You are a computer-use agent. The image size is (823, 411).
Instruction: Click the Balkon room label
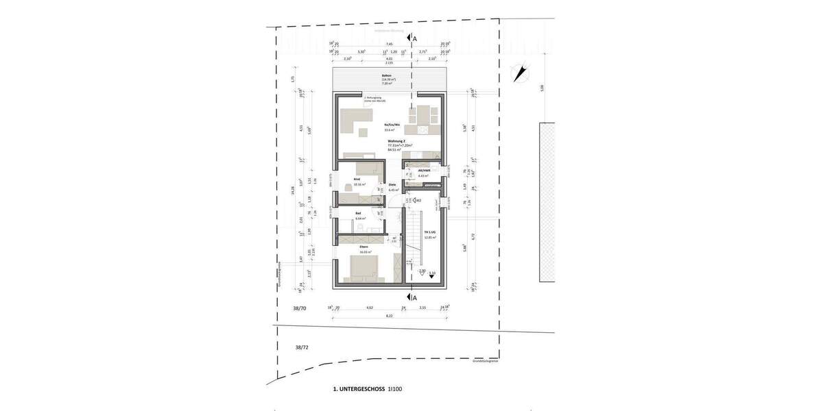pos(387,75)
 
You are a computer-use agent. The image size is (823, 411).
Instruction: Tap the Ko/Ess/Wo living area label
pos(392,125)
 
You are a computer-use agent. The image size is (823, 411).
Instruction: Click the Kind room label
pos(357,179)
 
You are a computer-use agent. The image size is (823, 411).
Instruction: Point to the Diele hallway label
pos(392,184)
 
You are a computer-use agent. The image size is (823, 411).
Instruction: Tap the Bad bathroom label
pos(358,214)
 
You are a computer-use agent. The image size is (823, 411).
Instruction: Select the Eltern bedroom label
pos(363,246)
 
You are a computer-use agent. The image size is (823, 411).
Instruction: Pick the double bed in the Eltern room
pos(364,267)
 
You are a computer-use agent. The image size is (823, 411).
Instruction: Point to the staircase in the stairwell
pos(411,239)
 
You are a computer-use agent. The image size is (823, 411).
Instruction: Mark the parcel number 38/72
pos(302,348)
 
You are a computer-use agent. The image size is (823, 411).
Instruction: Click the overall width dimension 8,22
pos(389,316)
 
